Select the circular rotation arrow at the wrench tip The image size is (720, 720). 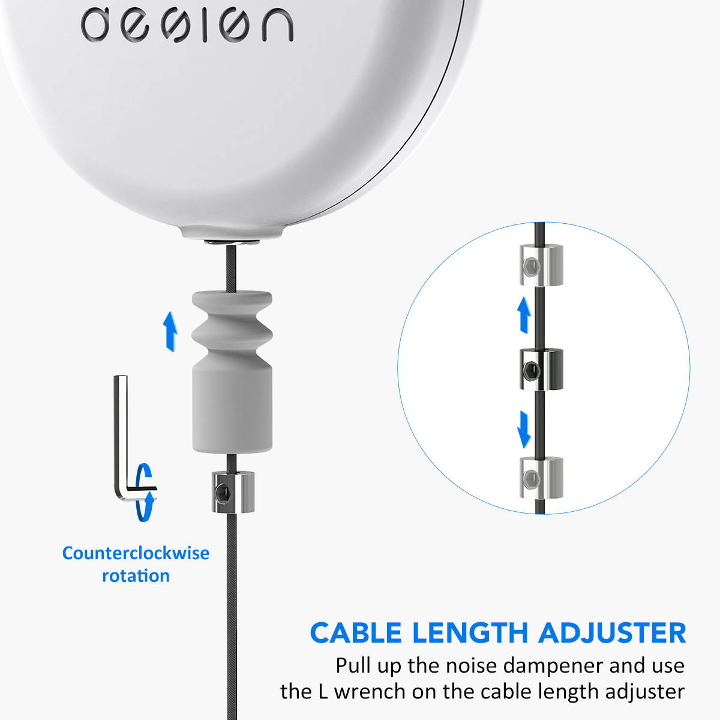[145, 492]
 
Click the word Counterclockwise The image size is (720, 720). [136, 553]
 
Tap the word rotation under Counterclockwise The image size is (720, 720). [136, 576]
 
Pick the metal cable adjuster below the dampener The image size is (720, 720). [233, 491]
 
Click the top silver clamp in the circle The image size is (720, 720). [541, 265]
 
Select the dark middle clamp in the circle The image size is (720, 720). [540, 368]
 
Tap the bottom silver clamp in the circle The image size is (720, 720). [540, 478]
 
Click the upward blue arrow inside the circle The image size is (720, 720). [524, 316]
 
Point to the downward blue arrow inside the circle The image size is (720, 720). [524, 430]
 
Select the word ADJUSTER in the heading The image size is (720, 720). [612, 633]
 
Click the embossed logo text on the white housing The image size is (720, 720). [187, 25]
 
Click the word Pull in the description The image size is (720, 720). [353, 666]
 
